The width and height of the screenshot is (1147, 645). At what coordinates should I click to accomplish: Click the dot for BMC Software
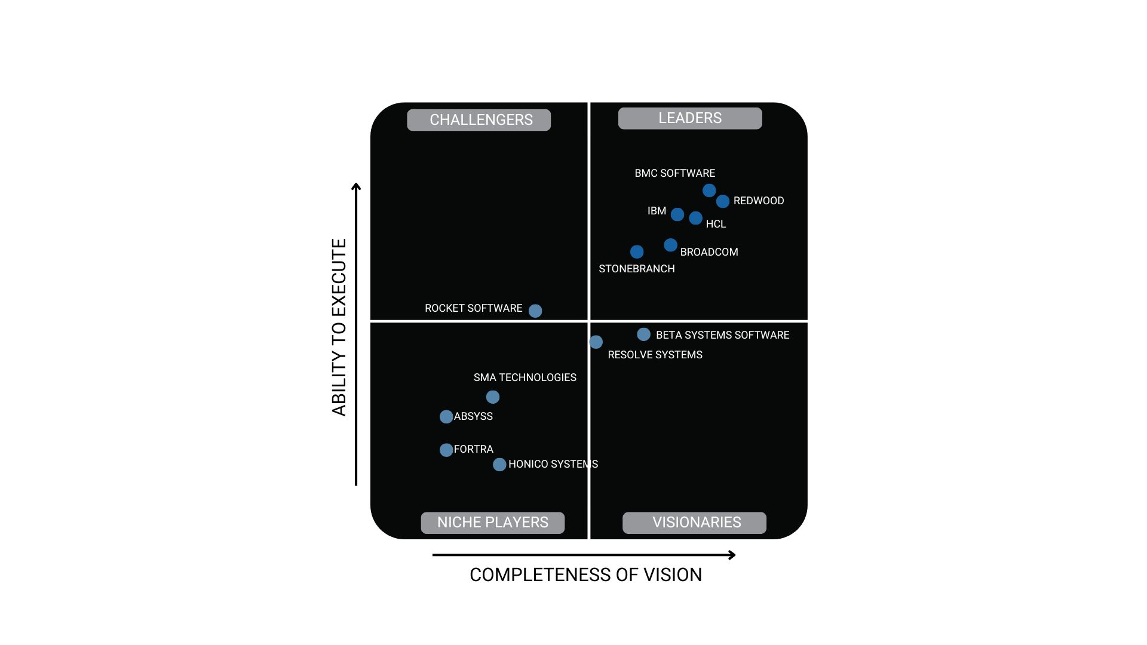pyautogui.click(x=709, y=191)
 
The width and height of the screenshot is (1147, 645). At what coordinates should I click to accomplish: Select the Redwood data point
pyautogui.click(x=723, y=201)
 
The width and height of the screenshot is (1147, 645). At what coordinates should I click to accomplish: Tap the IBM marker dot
pyautogui.click(x=677, y=214)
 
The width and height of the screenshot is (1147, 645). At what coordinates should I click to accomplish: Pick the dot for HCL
pyautogui.click(x=695, y=218)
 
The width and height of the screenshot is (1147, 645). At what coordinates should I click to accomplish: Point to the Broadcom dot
pyautogui.click(x=670, y=245)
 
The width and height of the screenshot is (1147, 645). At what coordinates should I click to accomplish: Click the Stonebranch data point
pyautogui.click(x=637, y=252)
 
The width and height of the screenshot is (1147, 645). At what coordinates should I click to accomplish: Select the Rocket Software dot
pyautogui.click(x=535, y=311)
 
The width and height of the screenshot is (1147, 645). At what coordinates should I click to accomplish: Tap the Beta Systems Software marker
pyautogui.click(x=643, y=334)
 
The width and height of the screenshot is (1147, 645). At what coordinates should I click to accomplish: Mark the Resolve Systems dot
pyautogui.click(x=596, y=342)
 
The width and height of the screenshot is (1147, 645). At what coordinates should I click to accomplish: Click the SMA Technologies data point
pyautogui.click(x=493, y=397)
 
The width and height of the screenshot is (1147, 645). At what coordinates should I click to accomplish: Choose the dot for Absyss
pyautogui.click(x=446, y=417)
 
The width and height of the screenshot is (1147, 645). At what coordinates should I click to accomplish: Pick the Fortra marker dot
pyautogui.click(x=446, y=450)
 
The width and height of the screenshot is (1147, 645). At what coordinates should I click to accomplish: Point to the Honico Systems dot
pyautogui.click(x=499, y=465)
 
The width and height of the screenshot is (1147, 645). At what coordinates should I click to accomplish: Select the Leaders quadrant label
pyautogui.click(x=690, y=118)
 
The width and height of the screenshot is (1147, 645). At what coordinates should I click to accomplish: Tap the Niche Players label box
pyautogui.click(x=493, y=523)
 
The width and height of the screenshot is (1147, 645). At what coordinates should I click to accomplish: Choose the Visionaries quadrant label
pyautogui.click(x=695, y=523)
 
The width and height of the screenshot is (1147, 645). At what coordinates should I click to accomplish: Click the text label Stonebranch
pyautogui.click(x=637, y=269)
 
